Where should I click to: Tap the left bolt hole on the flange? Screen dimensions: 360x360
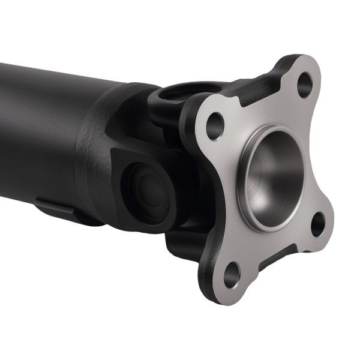[x=215, y=125]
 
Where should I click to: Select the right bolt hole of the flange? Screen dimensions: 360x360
[x=317, y=224]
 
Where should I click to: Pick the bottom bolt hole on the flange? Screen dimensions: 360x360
[x=232, y=275]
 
